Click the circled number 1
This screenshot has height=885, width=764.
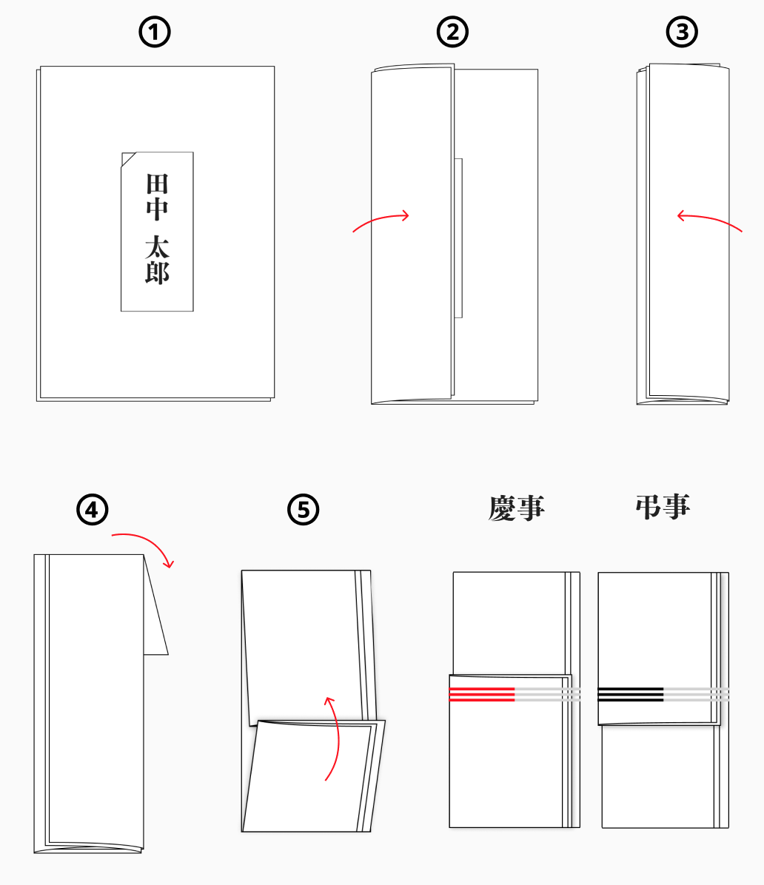tap(155, 32)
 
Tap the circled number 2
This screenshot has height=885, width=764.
tap(453, 32)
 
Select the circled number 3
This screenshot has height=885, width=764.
tap(682, 32)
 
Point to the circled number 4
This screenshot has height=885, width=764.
tap(93, 510)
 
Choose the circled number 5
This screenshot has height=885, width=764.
tap(303, 510)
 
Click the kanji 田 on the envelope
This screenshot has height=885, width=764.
tap(157, 183)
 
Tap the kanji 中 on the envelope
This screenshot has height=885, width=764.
tap(157, 209)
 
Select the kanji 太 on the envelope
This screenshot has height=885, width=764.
tap(157, 246)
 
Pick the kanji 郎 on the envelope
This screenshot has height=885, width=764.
tap(157, 272)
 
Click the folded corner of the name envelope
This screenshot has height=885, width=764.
tap(127, 158)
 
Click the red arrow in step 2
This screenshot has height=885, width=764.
tap(381, 220)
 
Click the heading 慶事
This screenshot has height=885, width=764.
tap(516, 508)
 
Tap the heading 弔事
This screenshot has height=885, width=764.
tap(663, 507)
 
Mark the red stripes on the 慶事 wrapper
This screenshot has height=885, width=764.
tap(482, 694)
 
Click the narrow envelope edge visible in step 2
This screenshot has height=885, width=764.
tap(458, 237)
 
